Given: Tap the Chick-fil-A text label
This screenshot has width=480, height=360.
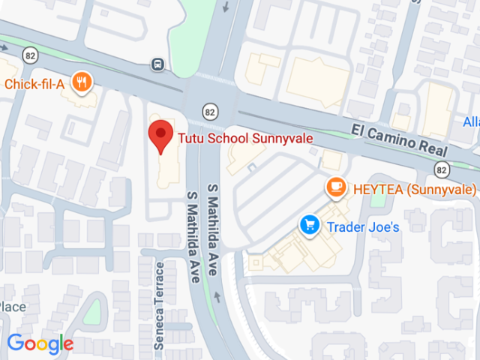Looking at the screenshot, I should (34, 84).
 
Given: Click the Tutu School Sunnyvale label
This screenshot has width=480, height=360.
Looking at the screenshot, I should (244, 138).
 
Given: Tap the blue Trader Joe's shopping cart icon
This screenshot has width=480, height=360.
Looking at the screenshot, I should (308, 224).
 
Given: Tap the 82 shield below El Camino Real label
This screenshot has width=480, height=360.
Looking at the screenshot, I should (442, 168).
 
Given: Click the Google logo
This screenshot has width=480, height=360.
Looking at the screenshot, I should (40, 344).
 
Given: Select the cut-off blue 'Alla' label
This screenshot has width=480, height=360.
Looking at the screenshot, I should (470, 121).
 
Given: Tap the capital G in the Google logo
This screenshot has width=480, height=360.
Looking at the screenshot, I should (15, 343).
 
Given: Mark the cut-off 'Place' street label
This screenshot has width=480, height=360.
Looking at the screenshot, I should (13, 307).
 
